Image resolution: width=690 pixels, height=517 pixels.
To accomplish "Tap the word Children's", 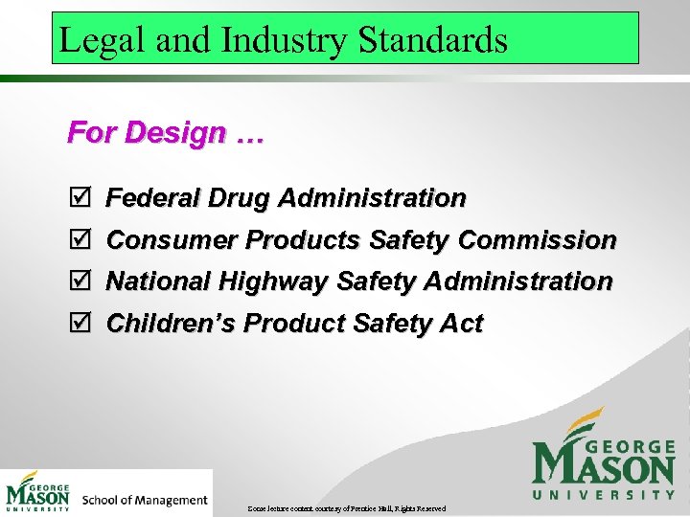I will [x=172, y=324].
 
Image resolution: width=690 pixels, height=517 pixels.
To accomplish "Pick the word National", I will [x=159, y=281].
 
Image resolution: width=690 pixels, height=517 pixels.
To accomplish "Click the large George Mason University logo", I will [x=603, y=456].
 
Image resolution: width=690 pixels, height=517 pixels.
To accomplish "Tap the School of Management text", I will [x=145, y=500].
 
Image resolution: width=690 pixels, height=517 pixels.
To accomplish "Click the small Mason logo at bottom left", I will [x=38, y=492].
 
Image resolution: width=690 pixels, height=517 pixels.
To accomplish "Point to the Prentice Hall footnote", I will [x=347, y=507].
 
